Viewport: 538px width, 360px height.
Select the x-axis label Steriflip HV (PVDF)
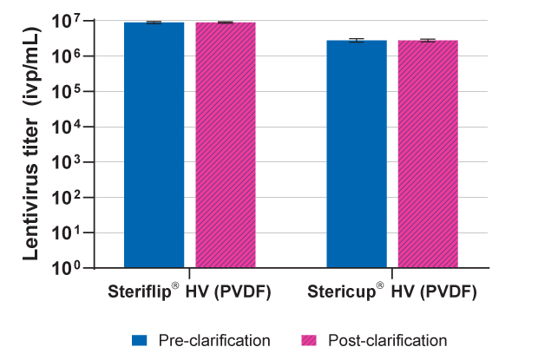pyautogui.click(x=189, y=291)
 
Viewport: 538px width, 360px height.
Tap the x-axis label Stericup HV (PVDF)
pyautogui.click(x=392, y=291)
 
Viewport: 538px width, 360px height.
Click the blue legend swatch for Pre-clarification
pyautogui.click(x=138, y=340)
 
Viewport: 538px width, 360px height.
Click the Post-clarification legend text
pyautogui.click(x=387, y=340)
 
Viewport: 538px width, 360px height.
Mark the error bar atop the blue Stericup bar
pyautogui.click(x=357, y=40)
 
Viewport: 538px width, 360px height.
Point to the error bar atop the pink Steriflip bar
pyautogui.click(x=225, y=22)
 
